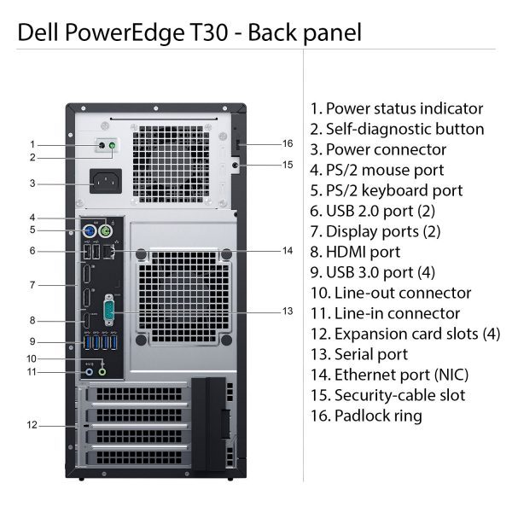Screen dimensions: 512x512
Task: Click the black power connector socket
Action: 106,181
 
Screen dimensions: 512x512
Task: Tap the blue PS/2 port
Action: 89,232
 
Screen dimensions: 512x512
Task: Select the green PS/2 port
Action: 105,232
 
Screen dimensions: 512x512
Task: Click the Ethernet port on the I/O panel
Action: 108,252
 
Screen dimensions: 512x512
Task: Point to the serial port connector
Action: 108,311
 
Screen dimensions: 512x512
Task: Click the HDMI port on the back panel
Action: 87,321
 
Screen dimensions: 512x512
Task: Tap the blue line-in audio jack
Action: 89,372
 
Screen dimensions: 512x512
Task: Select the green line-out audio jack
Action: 102,372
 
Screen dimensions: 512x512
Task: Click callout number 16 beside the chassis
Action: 288,143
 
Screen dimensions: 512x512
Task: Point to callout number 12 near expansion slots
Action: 32,425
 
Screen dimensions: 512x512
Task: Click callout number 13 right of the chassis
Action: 288,311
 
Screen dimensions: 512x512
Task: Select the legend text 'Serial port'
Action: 371,354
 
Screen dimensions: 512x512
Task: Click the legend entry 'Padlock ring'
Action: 378,416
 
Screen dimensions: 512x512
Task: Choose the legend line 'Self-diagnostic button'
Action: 404,129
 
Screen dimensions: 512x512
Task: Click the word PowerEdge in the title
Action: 125,32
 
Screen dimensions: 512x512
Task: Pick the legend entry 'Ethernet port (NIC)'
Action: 402,375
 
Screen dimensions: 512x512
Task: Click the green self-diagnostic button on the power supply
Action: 113,146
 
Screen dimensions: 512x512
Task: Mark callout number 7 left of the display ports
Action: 32,285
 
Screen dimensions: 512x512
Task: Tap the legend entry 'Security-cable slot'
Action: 400,395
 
